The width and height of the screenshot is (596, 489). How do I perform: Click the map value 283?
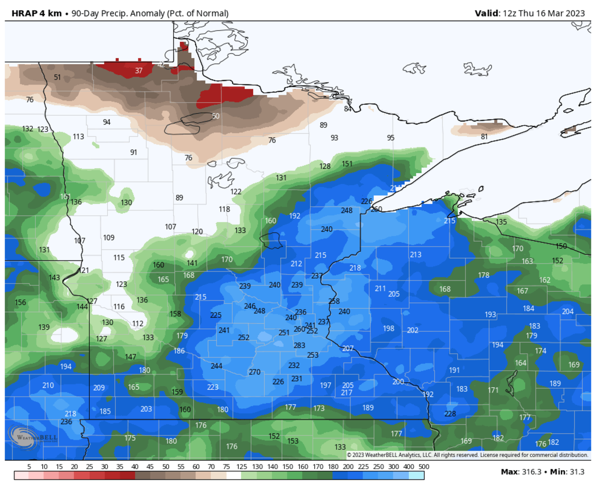[x=299, y=346]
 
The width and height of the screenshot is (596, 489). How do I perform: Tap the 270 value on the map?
[x=254, y=372]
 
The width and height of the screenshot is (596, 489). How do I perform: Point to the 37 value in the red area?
[x=139, y=70]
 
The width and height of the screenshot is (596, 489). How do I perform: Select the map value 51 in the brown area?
[x=58, y=77]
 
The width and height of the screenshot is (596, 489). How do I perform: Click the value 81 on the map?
[x=484, y=137]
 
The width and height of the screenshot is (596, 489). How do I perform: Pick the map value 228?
[x=450, y=414]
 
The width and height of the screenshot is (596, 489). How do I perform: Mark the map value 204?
[x=568, y=311]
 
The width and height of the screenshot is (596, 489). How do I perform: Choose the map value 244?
[x=217, y=366]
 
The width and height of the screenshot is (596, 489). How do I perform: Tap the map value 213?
[x=416, y=255]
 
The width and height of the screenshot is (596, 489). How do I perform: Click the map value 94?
[x=107, y=122]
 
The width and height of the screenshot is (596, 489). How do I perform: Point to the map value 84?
[x=348, y=109]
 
